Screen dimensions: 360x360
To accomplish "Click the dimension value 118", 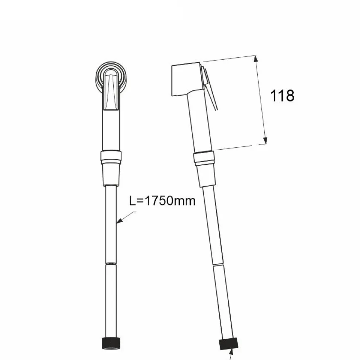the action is click(282, 95).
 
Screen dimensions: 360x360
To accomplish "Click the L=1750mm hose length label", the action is click(162, 201).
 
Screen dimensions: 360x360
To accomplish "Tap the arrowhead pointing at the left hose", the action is click(119, 220).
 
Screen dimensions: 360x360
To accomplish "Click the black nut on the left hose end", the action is click(111, 343).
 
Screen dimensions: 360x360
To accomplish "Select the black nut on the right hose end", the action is click(228, 344).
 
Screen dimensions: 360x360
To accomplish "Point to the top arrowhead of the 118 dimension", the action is click(256, 59).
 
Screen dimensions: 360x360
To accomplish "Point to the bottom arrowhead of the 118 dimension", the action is click(265, 140).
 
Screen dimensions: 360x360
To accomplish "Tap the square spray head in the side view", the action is click(187, 79).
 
